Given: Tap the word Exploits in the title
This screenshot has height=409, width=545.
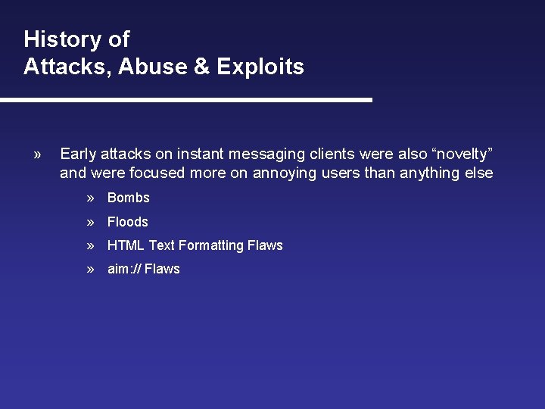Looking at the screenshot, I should click(260, 67).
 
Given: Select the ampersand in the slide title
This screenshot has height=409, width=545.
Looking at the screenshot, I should click(201, 67).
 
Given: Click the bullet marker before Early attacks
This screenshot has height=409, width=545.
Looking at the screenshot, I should click(37, 155).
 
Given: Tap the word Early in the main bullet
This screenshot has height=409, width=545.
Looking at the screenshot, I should click(78, 155).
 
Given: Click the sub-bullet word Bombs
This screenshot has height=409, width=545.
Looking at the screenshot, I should click(129, 198).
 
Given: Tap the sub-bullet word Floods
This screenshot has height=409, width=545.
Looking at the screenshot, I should click(128, 222).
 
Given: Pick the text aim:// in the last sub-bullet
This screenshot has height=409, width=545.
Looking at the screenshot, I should click(124, 269).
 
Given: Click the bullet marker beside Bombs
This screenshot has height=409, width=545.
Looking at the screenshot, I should click(90, 198).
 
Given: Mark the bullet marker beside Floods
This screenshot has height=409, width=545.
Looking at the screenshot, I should click(90, 222).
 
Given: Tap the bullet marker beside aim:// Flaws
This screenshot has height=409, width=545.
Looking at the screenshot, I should click(90, 269).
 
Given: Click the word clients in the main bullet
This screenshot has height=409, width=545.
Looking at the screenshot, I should click(332, 155).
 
